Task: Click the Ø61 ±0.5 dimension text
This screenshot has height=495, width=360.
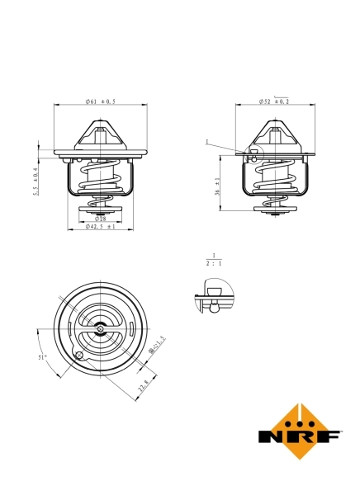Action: click(x=100, y=101)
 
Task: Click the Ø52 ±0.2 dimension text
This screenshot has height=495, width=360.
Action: click(x=273, y=101)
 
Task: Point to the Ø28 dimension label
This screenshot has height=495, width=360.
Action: click(x=99, y=219)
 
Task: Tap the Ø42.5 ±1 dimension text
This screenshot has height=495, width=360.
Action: click(x=100, y=227)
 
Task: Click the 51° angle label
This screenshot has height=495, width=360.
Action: click(x=42, y=357)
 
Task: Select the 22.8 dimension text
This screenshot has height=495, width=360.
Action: click(x=144, y=384)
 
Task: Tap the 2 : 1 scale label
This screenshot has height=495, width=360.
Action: click(x=213, y=263)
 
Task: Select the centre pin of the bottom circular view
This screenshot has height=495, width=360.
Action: click(x=99, y=329)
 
